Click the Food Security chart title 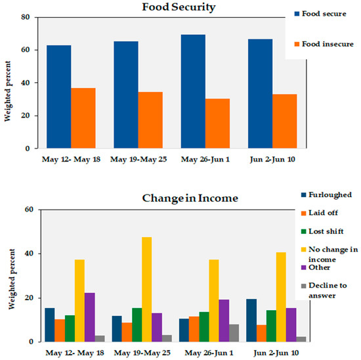click(x=179, y=7)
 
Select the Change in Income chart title click(x=190, y=198)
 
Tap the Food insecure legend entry click(x=324, y=44)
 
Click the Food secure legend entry click(x=320, y=14)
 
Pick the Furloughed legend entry click(x=326, y=195)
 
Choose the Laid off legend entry click(x=320, y=213)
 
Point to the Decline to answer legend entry click(x=324, y=290)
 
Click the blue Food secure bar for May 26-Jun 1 click(x=193, y=91)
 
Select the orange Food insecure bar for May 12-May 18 click(x=83, y=118)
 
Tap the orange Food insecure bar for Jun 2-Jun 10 click(x=285, y=121)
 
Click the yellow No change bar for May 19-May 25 click(x=146, y=289)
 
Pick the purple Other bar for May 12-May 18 click(x=89, y=317)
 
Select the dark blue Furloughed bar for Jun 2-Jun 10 click(x=251, y=321)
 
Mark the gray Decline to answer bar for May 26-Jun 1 click(x=234, y=333)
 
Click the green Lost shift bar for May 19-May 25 click(x=137, y=325)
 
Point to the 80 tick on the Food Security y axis click(x=26, y=17)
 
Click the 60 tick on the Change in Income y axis click(x=29, y=210)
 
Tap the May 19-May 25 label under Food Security click(x=138, y=160)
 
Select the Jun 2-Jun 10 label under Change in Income click(x=276, y=353)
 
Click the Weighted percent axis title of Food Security click(x=8, y=91)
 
